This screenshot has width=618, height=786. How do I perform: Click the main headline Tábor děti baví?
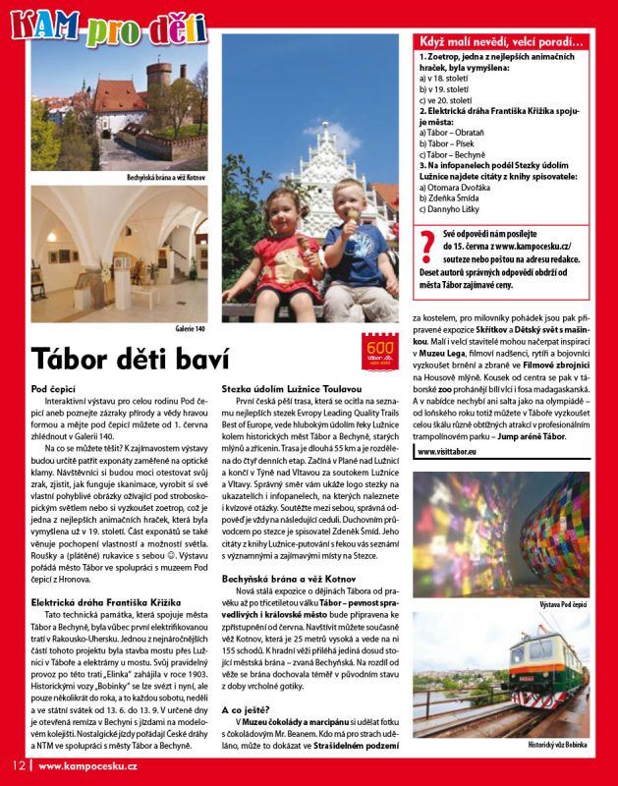tap(132, 358)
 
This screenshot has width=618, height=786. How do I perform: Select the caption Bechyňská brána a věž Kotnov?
tap(166, 178)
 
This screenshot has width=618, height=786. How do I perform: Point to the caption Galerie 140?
tap(190, 327)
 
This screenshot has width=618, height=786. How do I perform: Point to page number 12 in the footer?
tap(18, 766)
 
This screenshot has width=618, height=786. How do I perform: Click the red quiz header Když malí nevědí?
tap(501, 41)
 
